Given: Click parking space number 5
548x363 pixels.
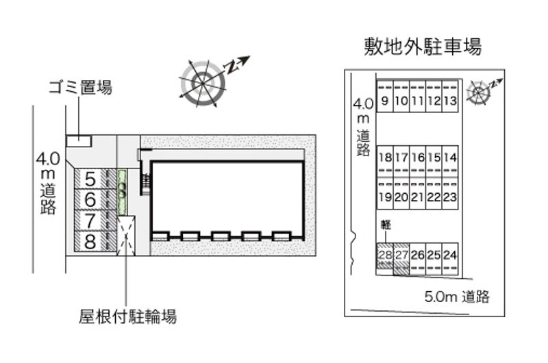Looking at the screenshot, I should click(x=90, y=179).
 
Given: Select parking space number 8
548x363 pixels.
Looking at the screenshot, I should click(x=90, y=240).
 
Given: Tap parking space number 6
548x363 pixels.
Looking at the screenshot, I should click(x=90, y=200).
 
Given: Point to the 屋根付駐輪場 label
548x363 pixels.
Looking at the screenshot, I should click(x=128, y=316).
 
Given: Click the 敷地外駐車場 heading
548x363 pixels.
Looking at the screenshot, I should click(x=423, y=47).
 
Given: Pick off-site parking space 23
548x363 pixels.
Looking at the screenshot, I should click(x=450, y=197).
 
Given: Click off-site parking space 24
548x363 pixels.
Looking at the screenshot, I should click(x=450, y=256).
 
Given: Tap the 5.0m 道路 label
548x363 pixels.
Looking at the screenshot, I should click(x=457, y=297).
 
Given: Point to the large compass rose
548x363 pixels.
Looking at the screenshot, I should click(x=203, y=83).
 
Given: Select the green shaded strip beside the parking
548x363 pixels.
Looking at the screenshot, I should click(x=122, y=190).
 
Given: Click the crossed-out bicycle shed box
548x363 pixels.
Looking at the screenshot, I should click(x=127, y=236).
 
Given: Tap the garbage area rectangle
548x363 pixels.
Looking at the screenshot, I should click(x=78, y=140).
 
